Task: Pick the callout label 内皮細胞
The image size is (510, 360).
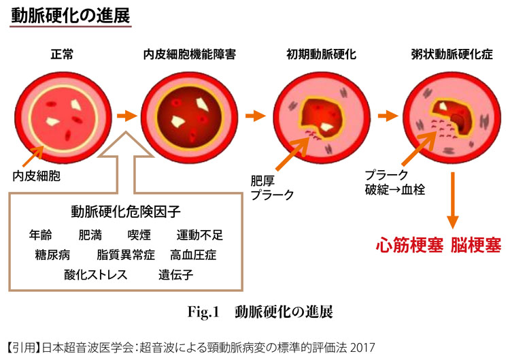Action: (x=35, y=176)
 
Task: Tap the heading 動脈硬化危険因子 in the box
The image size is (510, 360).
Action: (x=125, y=211)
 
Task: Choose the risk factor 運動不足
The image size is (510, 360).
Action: (x=200, y=235)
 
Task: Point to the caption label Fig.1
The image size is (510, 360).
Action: (x=202, y=312)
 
